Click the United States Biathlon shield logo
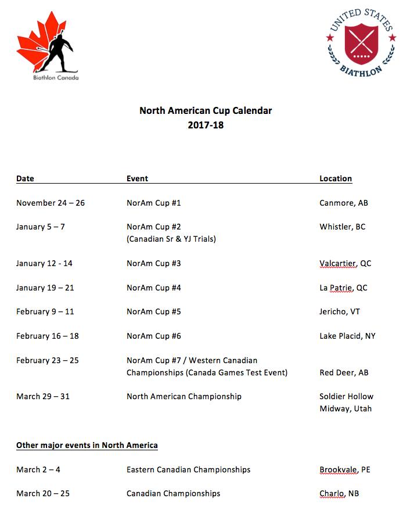click(x=361, y=42)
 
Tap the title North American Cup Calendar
click(x=206, y=110)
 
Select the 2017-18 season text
click(x=206, y=124)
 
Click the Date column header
click(x=25, y=178)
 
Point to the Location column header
click(x=336, y=178)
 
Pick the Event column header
click(x=137, y=178)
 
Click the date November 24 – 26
click(x=51, y=203)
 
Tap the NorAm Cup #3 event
click(x=154, y=263)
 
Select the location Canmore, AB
click(x=344, y=203)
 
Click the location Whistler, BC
click(x=343, y=227)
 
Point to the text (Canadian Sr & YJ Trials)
click(x=171, y=239)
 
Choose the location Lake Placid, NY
click(x=347, y=336)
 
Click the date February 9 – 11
click(x=45, y=311)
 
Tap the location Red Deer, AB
click(x=344, y=372)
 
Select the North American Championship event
click(x=184, y=396)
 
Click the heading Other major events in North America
click(x=87, y=445)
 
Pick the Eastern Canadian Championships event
click(x=189, y=469)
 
